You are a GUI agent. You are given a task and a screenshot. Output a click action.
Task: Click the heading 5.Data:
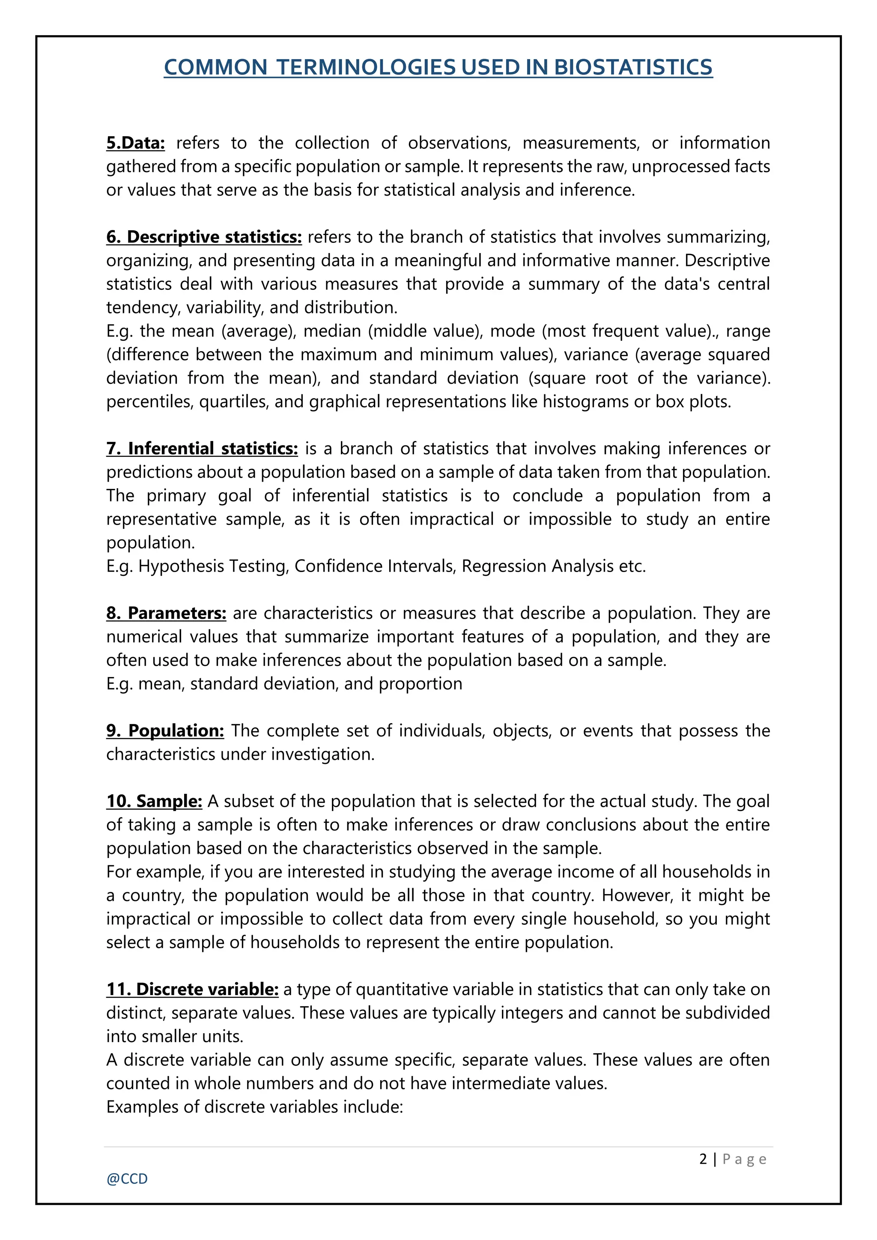coord(136,143)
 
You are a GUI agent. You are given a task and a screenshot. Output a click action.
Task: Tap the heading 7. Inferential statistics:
coord(202,448)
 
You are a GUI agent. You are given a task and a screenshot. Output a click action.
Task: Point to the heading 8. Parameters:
coord(166,613)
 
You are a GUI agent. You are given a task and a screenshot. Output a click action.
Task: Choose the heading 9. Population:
coord(165,731)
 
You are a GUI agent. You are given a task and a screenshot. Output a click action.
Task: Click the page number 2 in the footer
coord(703,1159)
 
